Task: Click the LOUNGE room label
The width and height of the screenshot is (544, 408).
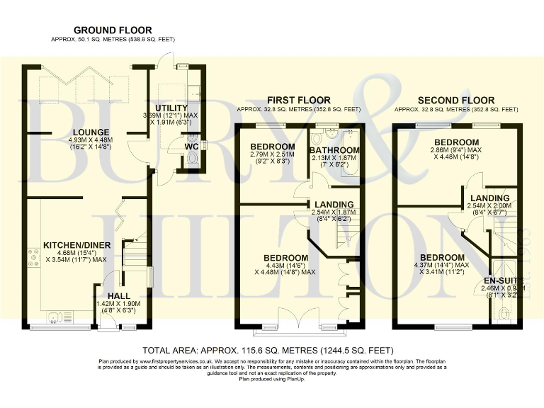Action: [x=89, y=132]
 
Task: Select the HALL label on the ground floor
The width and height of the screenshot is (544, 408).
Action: [x=118, y=295]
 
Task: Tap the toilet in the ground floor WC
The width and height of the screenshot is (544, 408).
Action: [x=191, y=161]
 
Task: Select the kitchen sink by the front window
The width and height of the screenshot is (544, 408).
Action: [x=55, y=316]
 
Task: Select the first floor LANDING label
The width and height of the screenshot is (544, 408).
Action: [x=331, y=203]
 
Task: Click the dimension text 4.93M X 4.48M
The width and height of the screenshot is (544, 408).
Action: [x=89, y=140]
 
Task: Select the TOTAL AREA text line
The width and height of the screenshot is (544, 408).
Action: [x=268, y=351]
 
